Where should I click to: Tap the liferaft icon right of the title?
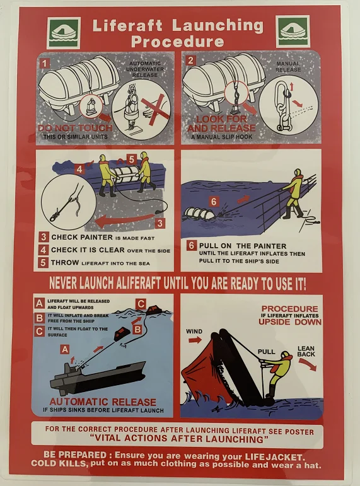click(293, 32)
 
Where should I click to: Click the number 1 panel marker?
click(45, 62)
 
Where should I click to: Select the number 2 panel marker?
click(190, 62)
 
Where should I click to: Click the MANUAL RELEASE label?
click(287, 67)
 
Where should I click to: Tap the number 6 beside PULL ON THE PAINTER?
click(192, 245)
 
